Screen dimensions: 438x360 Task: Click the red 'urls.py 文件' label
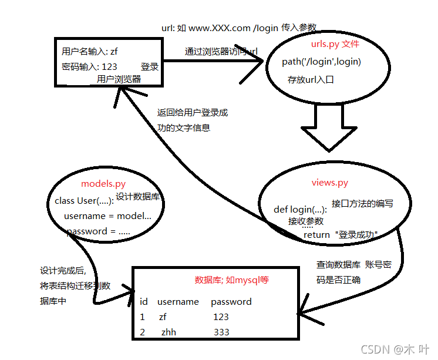335,45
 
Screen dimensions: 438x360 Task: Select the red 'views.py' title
330,183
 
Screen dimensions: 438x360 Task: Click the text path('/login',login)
321,62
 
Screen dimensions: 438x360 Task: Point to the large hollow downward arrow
324,134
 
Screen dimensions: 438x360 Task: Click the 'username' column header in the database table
178,302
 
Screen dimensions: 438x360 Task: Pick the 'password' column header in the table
231,302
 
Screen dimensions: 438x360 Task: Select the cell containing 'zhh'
169,332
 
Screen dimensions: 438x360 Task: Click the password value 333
221,332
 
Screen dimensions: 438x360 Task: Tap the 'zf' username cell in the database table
163,317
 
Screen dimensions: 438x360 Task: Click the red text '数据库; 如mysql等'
231,280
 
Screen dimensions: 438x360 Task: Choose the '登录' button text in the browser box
150,66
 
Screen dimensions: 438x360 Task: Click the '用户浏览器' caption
119,79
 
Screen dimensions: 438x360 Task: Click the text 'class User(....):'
83,201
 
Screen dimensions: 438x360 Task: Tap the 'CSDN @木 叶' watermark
396,349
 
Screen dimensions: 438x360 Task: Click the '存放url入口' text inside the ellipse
311,79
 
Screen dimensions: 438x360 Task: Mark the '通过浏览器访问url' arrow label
221,52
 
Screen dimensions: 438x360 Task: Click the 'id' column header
144,302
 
